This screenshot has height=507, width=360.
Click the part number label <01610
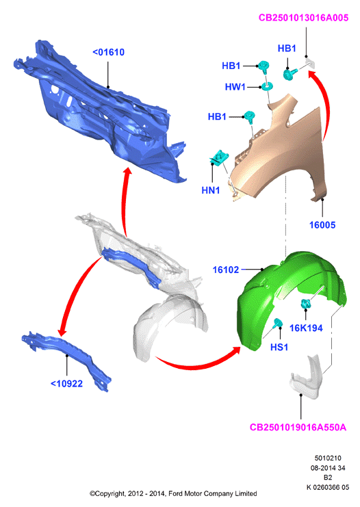coord(108,52)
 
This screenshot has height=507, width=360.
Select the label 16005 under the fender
coord(322,225)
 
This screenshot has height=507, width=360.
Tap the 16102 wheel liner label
coord(226,270)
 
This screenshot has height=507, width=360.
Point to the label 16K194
coord(306,328)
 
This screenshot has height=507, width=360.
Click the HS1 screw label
coord(279,348)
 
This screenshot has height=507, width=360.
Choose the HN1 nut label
coord(211,190)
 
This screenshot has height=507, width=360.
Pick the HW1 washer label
coord(235,87)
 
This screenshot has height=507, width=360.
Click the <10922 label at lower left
coord(66,384)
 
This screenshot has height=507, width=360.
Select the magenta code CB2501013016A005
coord(303,18)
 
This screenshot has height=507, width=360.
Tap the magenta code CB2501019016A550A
coord(298,428)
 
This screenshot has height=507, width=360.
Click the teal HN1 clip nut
coord(220,157)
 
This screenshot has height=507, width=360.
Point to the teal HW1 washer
coord(268,86)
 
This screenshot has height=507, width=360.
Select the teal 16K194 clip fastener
coord(306,304)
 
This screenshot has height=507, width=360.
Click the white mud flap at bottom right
coord(306,378)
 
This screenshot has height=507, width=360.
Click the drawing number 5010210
coord(328,458)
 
